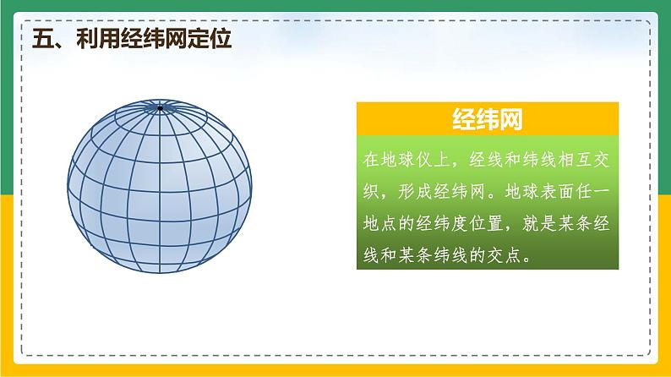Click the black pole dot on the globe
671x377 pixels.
160,108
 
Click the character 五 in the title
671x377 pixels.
43,39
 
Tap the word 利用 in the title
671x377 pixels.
98,39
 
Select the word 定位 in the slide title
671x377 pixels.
210,39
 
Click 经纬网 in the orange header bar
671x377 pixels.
488,119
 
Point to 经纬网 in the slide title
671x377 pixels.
154,39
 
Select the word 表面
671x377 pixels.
557,191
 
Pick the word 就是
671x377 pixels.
539,223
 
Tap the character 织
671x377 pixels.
371,191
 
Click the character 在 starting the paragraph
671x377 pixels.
371,160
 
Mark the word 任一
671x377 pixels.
592,191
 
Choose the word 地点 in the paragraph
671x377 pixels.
380,223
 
